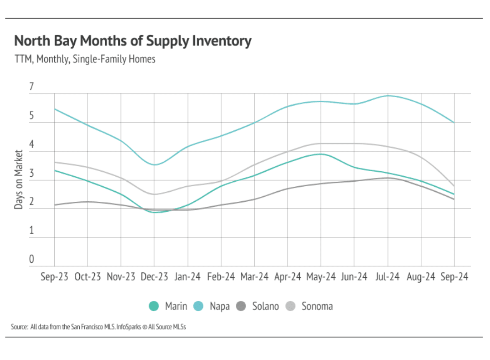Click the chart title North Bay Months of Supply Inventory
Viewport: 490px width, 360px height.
click(133, 41)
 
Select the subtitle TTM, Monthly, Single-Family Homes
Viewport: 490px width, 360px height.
click(85, 59)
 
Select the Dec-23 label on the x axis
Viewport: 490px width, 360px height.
click(154, 277)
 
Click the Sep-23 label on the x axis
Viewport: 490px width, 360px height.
click(54, 277)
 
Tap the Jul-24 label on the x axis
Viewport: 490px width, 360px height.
click(388, 277)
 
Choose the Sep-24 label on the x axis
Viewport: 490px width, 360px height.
click(454, 277)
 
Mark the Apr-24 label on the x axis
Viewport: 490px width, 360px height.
click(288, 277)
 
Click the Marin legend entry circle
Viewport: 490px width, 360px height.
click(154, 307)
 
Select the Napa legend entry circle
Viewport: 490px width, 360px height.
click(199, 307)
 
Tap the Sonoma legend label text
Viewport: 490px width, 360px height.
click(317, 307)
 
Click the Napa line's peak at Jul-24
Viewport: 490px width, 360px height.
click(388, 96)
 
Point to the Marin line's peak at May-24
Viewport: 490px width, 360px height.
click(321, 154)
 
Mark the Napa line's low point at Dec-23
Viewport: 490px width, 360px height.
click(154, 165)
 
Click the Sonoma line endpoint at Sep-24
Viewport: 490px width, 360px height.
click(454, 186)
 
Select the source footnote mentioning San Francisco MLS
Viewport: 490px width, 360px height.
click(99, 327)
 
